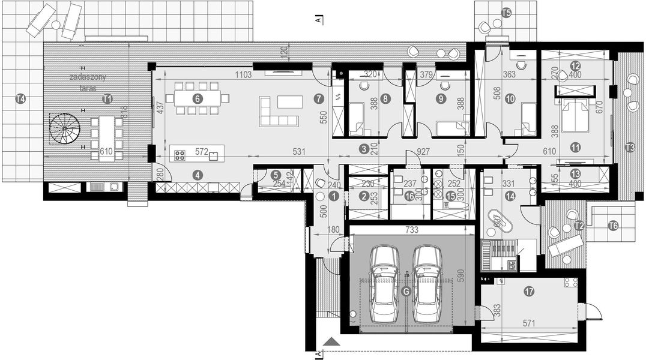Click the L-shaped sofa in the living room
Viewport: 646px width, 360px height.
tap(279, 113)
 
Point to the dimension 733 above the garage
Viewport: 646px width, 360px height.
tap(412, 229)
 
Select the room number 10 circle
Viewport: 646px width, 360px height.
tap(510, 100)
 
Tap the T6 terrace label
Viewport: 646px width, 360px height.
tap(613, 226)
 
